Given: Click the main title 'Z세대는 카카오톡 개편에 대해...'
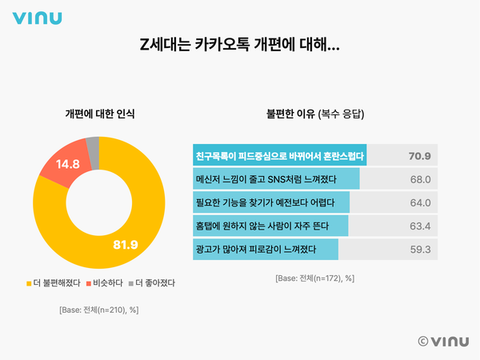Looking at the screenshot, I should (x=240, y=46).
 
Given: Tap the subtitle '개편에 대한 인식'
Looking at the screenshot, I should (x=99, y=114).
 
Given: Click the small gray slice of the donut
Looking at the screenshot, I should (x=93, y=144).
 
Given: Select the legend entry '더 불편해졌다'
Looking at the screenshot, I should (x=55, y=282).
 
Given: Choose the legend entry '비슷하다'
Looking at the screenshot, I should (x=103, y=282).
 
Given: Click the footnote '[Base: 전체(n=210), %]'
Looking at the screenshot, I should (x=99, y=310).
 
